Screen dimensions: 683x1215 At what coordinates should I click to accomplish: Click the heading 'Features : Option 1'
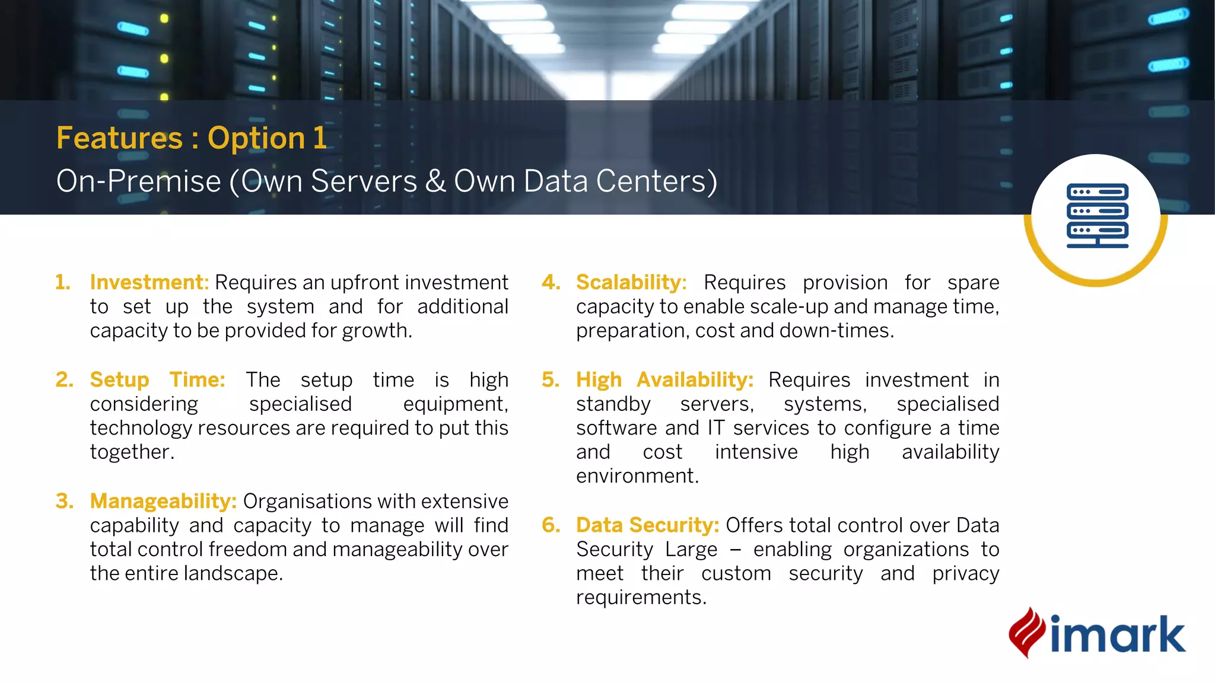(x=191, y=138)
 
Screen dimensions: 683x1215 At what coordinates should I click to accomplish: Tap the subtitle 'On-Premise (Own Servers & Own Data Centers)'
(x=386, y=181)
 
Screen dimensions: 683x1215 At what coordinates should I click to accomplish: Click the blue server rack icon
(x=1097, y=215)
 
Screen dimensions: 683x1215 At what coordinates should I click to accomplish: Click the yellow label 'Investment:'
(x=149, y=282)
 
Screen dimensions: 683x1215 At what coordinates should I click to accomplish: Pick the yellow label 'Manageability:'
(x=163, y=501)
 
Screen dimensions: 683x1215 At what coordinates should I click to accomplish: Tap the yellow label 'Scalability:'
(x=631, y=282)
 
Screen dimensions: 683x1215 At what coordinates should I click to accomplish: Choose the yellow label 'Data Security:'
(x=647, y=525)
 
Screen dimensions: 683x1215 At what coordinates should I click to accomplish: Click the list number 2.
(x=64, y=379)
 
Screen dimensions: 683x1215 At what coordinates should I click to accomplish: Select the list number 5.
(x=551, y=379)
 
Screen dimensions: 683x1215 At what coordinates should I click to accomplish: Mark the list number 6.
(x=551, y=525)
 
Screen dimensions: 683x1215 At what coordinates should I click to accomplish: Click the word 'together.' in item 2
(x=132, y=452)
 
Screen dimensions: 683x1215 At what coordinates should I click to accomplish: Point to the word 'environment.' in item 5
(x=637, y=476)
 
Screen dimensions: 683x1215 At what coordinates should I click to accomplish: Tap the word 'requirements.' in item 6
(x=641, y=598)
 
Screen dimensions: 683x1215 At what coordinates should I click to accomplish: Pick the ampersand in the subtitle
(x=435, y=181)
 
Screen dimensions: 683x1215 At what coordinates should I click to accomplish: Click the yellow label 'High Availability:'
(x=664, y=379)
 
